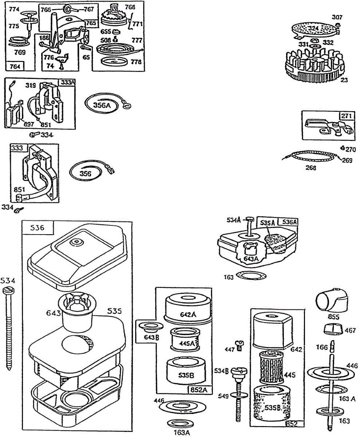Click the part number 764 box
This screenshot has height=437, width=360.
pyautogui.click(x=15, y=66)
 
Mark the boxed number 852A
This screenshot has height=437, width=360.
pyautogui.click(x=199, y=389)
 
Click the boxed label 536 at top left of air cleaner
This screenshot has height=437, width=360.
pyautogui.click(x=38, y=228)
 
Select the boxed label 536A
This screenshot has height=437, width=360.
pyautogui.click(x=287, y=222)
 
